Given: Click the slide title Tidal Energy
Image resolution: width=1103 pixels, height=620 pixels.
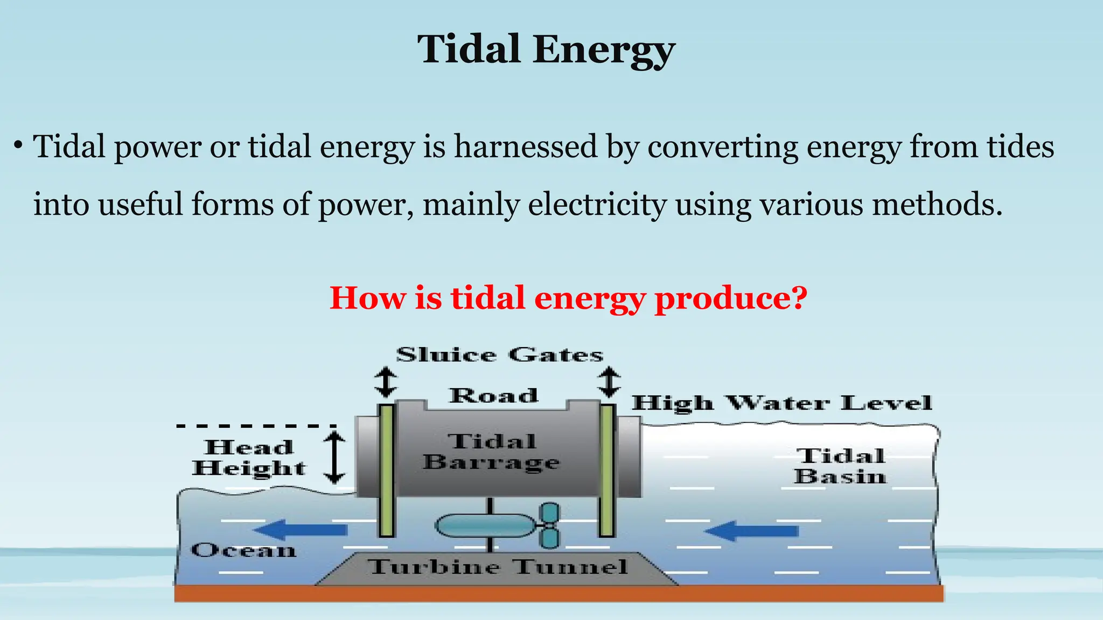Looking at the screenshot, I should point(546,50).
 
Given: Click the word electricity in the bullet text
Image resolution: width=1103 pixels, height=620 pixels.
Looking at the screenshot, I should point(597,205).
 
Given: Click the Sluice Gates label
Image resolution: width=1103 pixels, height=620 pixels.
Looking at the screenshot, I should point(499,355).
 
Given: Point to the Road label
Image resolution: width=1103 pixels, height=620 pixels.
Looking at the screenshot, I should point(494,396).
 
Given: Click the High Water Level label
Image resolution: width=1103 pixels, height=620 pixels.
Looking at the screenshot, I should point(781,403).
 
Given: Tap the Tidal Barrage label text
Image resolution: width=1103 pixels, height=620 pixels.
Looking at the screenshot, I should point(491,452).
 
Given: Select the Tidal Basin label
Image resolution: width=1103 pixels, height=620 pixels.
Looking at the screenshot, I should point(840,467).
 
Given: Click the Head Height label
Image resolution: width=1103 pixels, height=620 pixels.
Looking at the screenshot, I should point(249,458).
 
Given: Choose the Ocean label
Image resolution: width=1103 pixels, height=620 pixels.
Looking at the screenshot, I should point(243,551).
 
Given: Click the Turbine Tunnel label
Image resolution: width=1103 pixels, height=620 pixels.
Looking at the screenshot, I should point(498,567).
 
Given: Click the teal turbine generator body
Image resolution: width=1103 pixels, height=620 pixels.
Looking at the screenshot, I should point(485,526).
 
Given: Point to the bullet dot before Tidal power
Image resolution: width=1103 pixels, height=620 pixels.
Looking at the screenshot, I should point(18,146).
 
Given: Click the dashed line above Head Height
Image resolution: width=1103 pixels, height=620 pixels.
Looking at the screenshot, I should point(256,426).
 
